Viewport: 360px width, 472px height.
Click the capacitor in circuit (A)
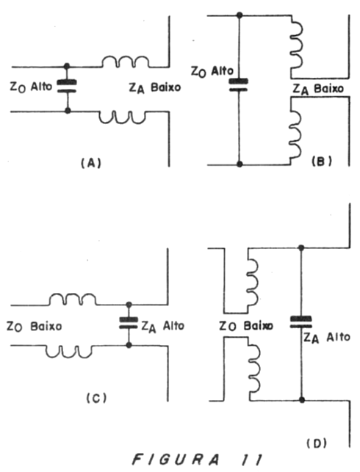click(67, 86)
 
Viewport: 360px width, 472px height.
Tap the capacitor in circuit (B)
click(239, 85)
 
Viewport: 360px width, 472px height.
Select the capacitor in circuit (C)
click(129, 323)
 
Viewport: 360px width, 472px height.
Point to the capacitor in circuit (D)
click(301, 322)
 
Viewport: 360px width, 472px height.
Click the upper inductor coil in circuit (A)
click(125, 61)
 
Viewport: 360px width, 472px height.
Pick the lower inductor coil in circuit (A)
click(123, 117)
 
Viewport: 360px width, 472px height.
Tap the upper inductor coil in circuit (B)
click(296, 46)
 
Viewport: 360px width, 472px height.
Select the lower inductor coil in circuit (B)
click(295, 134)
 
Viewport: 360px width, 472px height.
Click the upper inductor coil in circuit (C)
click(73, 299)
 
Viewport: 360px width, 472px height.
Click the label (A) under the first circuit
click(91, 163)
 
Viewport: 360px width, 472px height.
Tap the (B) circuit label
click(322, 161)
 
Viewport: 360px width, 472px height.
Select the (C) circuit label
click(96, 399)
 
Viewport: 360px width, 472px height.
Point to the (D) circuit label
click(317, 443)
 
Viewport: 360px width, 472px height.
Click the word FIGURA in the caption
click(176, 460)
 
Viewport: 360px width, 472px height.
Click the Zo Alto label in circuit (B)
click(212, 71)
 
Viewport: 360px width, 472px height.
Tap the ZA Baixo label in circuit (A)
click(155, 87)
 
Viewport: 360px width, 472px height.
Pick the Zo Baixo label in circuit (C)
click(34, 327)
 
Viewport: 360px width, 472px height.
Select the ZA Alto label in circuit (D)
click(326, 338)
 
